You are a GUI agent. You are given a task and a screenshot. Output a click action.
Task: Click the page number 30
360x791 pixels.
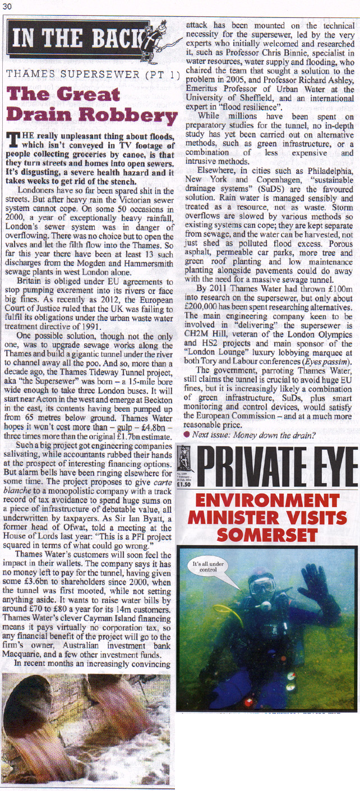click(x=8, y=6)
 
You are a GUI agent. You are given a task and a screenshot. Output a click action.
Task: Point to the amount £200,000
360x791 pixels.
click(x=206, y=308)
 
